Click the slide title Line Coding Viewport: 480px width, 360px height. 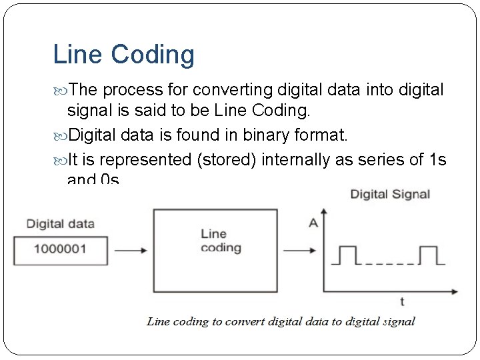pos(123,55)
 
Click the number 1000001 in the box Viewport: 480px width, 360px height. pos(60,251)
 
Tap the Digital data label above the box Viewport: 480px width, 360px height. pos(60,224)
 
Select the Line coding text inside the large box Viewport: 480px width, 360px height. pos(221,241)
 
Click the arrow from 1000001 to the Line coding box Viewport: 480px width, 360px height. pos(130,251)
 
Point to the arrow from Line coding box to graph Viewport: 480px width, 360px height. pos(302,251)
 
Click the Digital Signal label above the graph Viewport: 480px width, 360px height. pos(390,195)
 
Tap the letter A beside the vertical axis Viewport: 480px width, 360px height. pos(313,223)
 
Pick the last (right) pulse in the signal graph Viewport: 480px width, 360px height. pos(428,255)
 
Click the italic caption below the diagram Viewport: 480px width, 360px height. pos(281,321)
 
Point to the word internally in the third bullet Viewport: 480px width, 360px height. pos(287,160)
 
